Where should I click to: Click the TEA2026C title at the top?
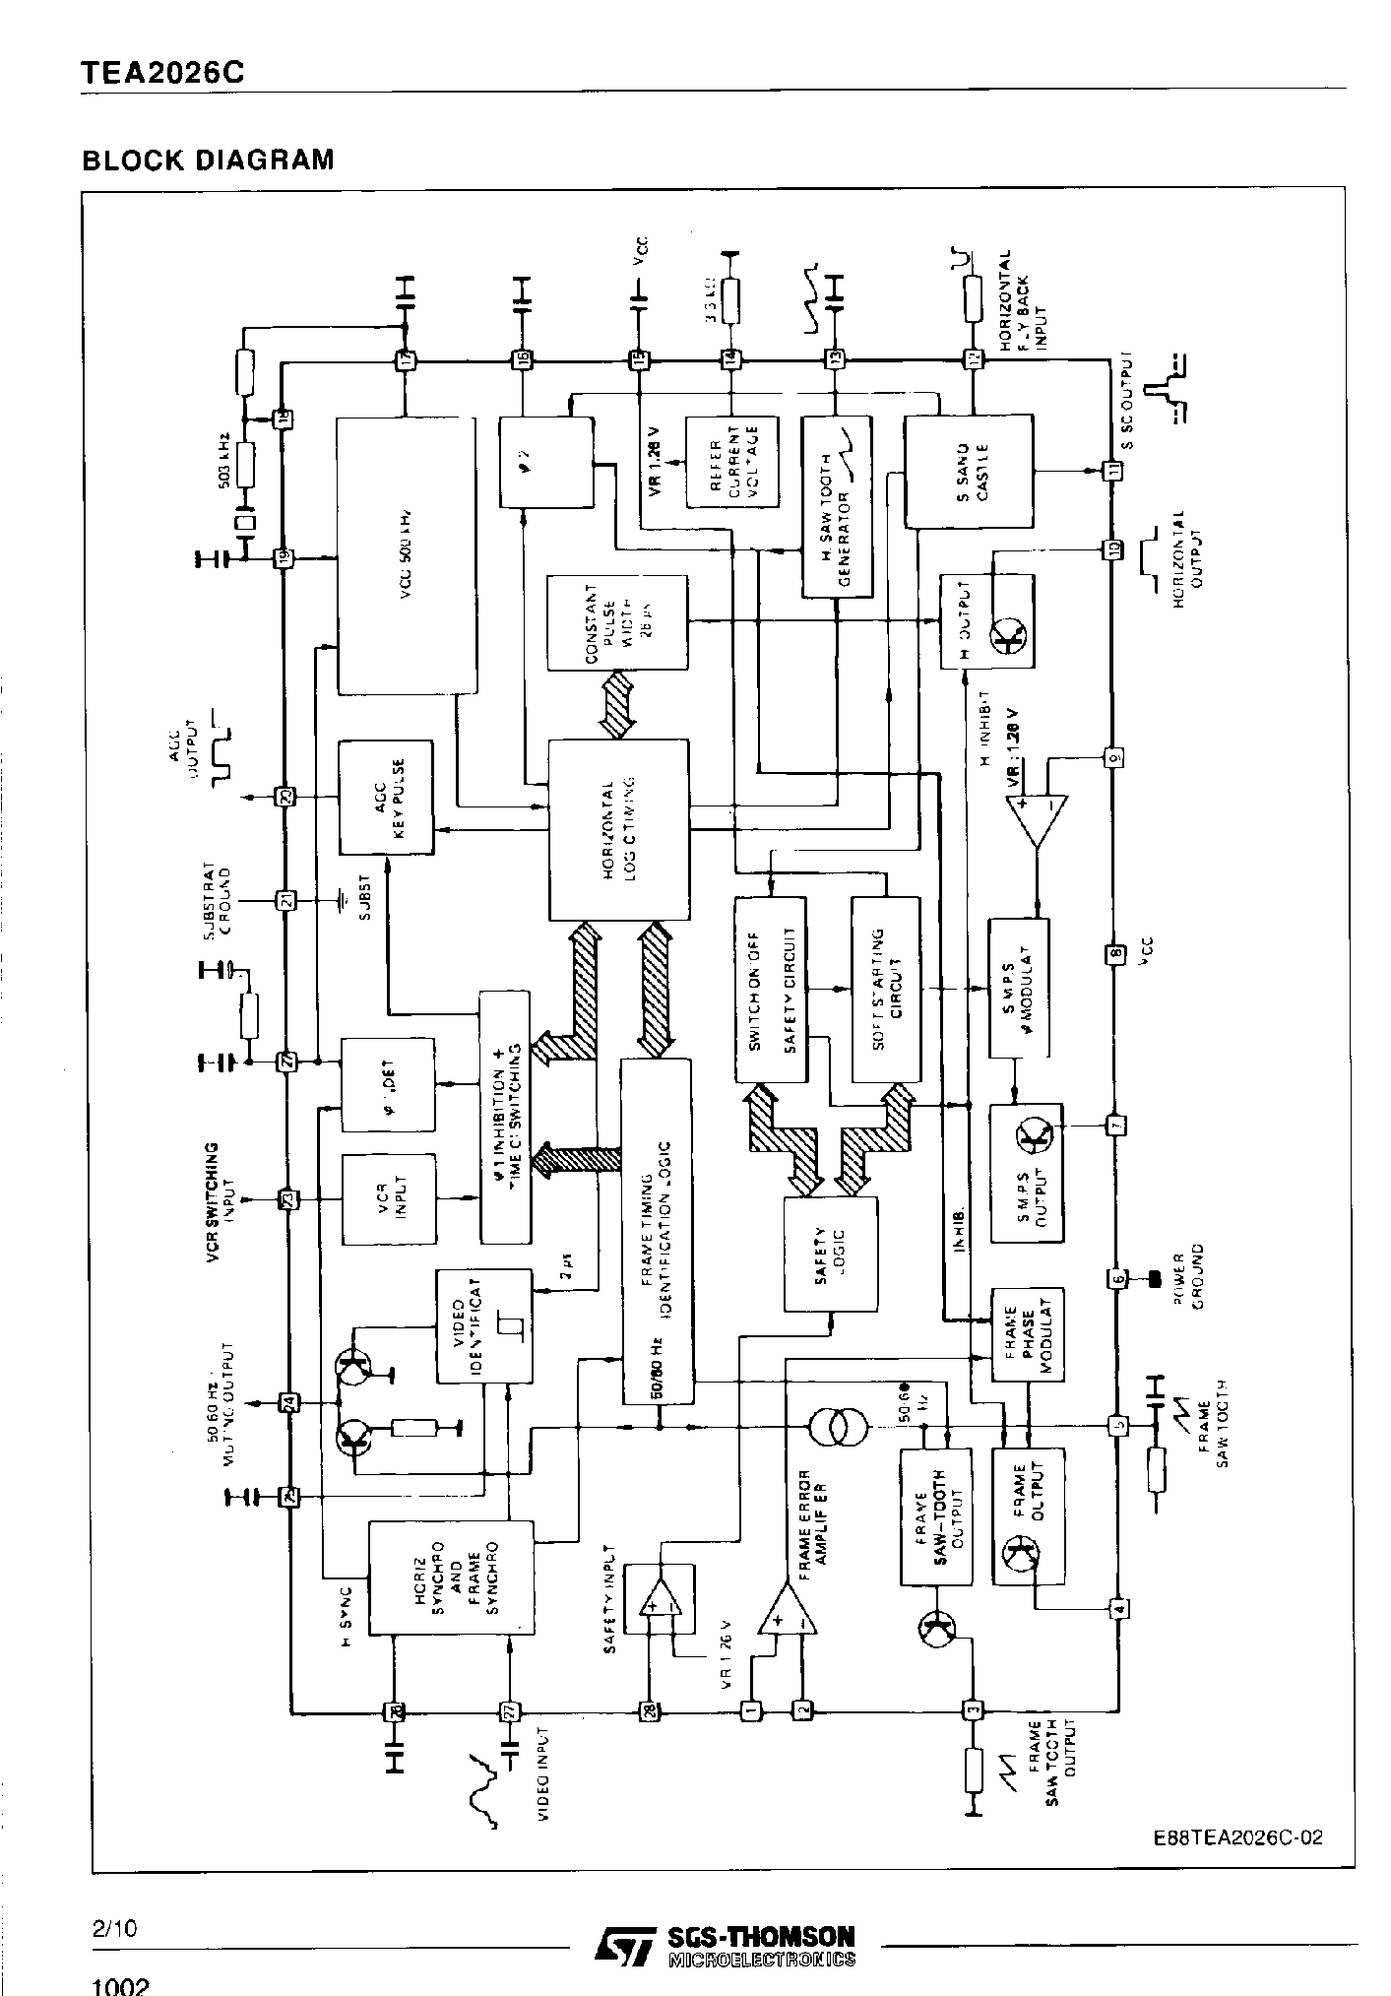(162, 74)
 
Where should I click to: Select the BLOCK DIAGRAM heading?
(208, 160)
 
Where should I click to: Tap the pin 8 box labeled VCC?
(1115, 953)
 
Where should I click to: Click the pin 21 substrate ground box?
(285, 899)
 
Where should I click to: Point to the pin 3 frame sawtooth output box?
(973, 1709)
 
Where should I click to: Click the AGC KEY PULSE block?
(386, 797)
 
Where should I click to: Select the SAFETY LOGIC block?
(831, 1254)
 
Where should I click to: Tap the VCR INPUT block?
(388, 1198)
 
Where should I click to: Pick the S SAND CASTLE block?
(969, 471)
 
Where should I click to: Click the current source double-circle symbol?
(837, 1425)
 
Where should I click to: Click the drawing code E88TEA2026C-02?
(1237, 1837)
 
